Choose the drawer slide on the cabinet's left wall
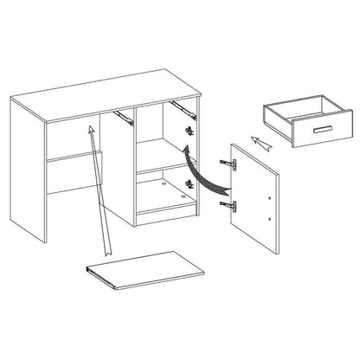click(x=125, y=112)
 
